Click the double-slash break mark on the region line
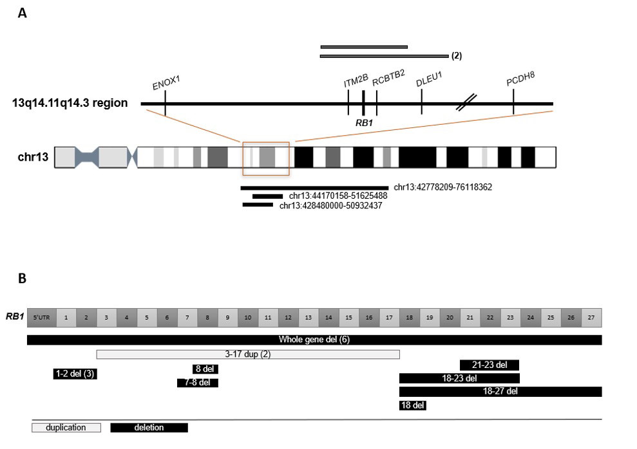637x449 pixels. click(467, 102)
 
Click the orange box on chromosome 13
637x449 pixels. click(265, 158)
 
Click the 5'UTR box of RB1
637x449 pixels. click(41, 317)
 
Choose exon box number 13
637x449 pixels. click(309, 317)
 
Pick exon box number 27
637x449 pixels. click(591, 317)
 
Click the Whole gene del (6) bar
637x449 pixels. click(314, 340)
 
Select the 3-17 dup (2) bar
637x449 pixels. click(248, 354)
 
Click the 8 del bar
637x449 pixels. click(205, 369)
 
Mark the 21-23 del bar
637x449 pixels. click(490, 365)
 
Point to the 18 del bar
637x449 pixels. click(413, 405)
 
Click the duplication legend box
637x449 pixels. click(67, 428)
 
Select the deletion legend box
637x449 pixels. click(149, 428)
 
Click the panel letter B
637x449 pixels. click(22, 279)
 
